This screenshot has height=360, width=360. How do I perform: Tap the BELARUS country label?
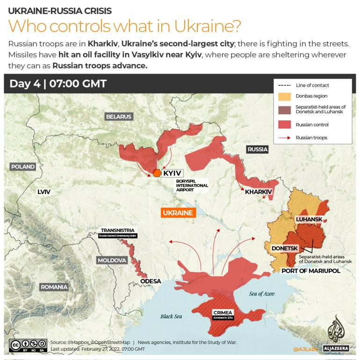119,117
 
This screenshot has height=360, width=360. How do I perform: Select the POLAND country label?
23,167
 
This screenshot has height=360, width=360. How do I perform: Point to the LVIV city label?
44,192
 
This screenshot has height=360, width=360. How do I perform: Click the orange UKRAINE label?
178,213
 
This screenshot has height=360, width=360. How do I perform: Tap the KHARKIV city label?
259,192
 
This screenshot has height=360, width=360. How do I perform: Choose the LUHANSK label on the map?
309,219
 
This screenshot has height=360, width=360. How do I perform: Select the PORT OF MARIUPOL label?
310,271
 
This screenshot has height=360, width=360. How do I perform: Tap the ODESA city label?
151,281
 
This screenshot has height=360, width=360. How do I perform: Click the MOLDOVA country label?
112,260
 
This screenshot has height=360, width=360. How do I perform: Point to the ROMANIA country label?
54,287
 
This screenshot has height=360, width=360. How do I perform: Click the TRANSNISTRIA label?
117,230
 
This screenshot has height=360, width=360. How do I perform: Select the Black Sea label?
171,316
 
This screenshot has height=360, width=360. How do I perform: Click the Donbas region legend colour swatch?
284,97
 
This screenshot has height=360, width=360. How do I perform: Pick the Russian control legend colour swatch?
284,125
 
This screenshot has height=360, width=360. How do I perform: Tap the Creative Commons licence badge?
28,345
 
